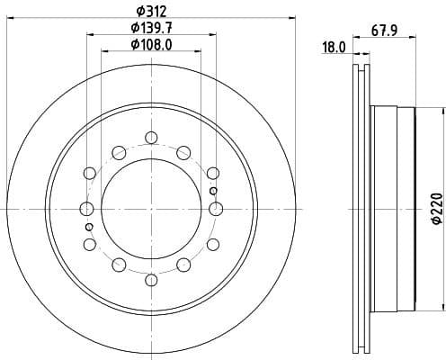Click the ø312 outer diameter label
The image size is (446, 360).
pos(150,10)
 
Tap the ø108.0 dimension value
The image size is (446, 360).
pos(150,44)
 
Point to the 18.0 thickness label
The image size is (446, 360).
pos(334,48)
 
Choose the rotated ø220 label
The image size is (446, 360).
pos(435,209)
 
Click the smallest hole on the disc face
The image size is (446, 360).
pos(212,192)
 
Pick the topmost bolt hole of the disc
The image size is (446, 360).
pos(151,138)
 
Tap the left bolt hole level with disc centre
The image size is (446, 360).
pos(87,209)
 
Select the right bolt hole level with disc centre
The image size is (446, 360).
pos(215,209)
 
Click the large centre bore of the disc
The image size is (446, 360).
pos(151,209)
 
